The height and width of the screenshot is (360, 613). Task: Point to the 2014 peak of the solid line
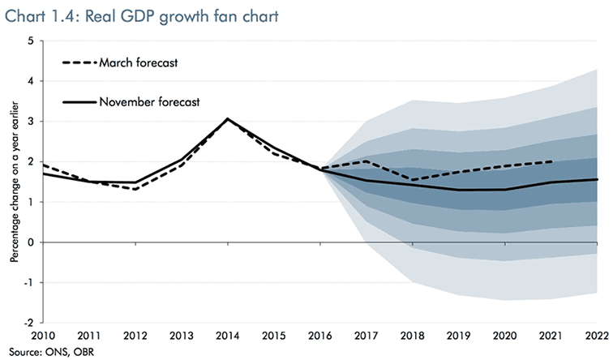pyautogui.click(x=228, y=119)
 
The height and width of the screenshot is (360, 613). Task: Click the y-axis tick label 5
pyautogui.click(x=30, y=41)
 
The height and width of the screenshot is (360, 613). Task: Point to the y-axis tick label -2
pyautogui.click(x=28, y=323)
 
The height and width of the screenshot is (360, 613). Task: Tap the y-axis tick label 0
pyautogui.click(x=30, y=242)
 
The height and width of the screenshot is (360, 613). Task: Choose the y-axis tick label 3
pyautogui.click(x=30, y=122)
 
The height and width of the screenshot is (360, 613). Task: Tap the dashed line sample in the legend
pyautogui.click(x=79, y=62)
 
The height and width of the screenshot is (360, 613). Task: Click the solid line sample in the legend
pyautogui.click(x=79, y=102)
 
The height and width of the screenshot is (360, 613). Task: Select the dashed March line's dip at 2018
pyautogui.click(x=414, y=180)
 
